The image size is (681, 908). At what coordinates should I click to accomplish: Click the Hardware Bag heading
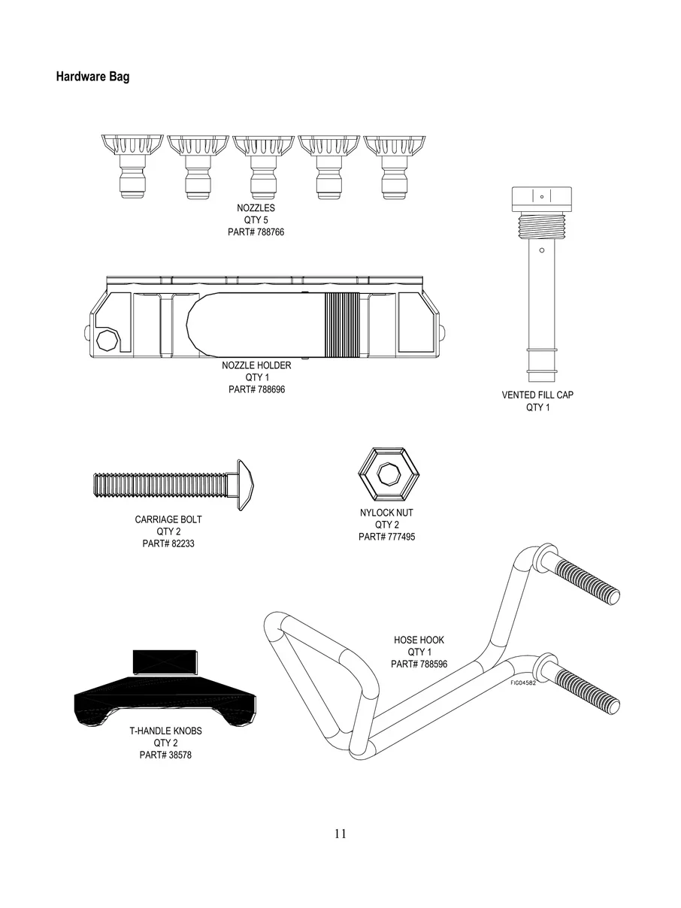[x=92, y=77]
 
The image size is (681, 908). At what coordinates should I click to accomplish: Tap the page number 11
[x=340, y=834]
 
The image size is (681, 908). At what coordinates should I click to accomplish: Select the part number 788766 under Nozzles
[x=271, y=232]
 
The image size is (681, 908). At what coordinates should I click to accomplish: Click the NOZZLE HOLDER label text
[x=256, y=365]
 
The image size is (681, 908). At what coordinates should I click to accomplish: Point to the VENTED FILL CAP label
[x=537, y=395]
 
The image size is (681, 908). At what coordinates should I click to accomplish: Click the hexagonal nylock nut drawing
[x=389, y=475]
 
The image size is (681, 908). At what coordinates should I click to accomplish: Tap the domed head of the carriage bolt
[x=245, y=485]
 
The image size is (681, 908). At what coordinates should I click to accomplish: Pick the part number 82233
[x=180, y=543]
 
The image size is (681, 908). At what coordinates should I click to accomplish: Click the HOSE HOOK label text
[x=419, y=640]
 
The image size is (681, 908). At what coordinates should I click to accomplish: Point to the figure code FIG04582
[x=523, y=683]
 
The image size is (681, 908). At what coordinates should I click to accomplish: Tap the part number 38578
[x=178, y=755]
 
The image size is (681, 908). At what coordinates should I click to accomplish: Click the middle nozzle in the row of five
[x=263, y=167]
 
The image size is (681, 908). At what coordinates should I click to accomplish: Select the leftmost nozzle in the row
[x=132, y=166]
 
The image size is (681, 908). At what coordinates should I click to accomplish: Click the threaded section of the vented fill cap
[x=542, y=226]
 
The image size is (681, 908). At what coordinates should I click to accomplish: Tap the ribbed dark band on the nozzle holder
[x=342, y=325]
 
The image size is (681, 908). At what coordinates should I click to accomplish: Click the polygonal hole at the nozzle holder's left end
[x=107, y=340]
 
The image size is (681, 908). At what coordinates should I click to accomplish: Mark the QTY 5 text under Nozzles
[x=256, y=220]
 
